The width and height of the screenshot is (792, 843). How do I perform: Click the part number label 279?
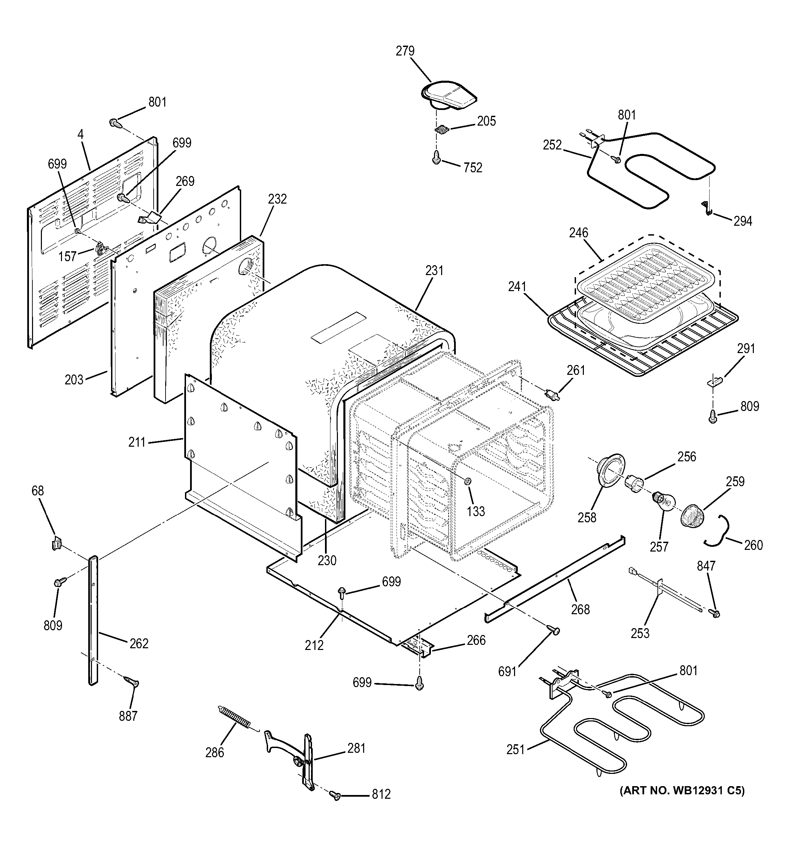[405, 51]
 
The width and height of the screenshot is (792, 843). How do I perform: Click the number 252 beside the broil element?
[552, 145]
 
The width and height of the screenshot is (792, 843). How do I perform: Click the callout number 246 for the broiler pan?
[579, 233]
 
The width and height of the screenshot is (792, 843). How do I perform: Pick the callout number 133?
[476, 511]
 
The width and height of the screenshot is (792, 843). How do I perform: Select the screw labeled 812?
[335, 796]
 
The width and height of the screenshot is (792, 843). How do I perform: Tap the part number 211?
[137, 442]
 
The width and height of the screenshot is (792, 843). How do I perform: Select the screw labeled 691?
[554, 631]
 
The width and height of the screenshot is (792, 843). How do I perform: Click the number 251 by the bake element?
[515, 750]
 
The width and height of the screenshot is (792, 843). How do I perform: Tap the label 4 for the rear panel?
[81, 134]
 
